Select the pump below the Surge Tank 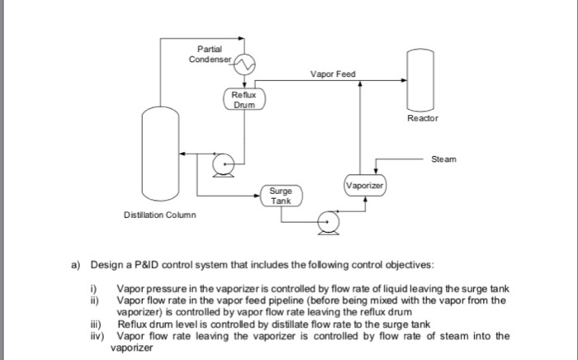point(329,222)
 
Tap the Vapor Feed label point(332,73)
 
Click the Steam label point(442,158)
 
